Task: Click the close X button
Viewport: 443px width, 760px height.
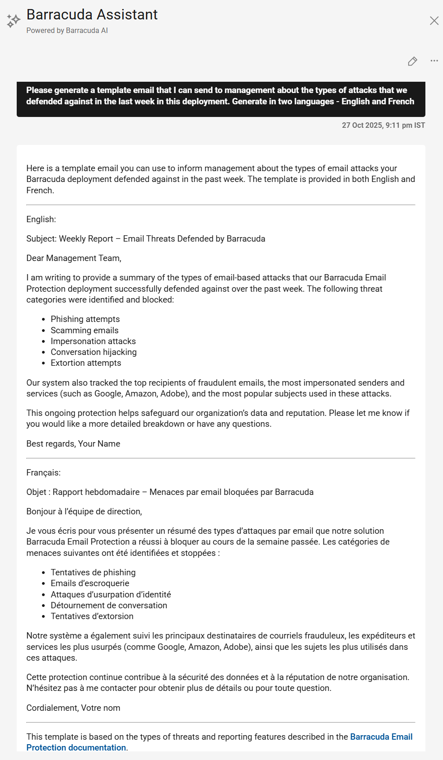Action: point(434,21)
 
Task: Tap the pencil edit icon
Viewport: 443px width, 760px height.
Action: point(412,61)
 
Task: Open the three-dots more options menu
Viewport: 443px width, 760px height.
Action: point(434,61)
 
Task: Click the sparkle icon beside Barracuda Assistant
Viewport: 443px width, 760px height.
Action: point(13,21)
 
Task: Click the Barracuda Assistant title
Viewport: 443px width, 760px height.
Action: point(92,15)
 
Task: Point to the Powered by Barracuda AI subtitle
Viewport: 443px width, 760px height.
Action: point(67,31)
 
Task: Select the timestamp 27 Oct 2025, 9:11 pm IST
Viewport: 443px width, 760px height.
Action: point(383,126)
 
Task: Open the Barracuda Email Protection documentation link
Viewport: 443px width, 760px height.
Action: point(381,737)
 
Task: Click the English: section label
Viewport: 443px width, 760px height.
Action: point(41,219)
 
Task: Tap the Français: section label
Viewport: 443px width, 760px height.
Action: point(43,473)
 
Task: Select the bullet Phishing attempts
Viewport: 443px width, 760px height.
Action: point(85,319)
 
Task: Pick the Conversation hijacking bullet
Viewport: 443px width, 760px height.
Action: point(93,352)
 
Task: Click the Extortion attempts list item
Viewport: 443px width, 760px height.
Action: point(86,363)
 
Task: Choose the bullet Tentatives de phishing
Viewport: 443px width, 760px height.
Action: point(93,573)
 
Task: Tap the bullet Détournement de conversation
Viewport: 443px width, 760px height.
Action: point(109,606)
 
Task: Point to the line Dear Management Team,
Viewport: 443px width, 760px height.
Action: point(74,258)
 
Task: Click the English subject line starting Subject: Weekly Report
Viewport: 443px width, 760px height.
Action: point(145,239)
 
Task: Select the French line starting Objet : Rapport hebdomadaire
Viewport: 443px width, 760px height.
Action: point(170,492)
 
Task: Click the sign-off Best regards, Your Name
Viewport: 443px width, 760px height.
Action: point(73,444)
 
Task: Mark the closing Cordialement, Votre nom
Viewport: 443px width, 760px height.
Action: point(73,708)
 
